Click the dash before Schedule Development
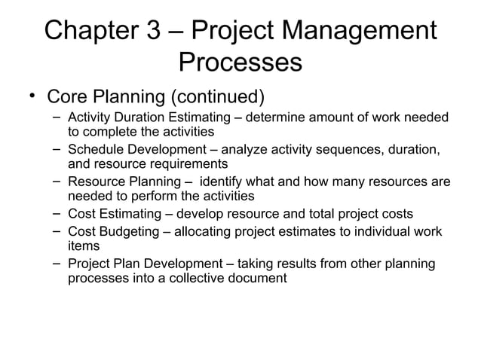pos(57,147)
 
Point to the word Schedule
pos(97,149)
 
